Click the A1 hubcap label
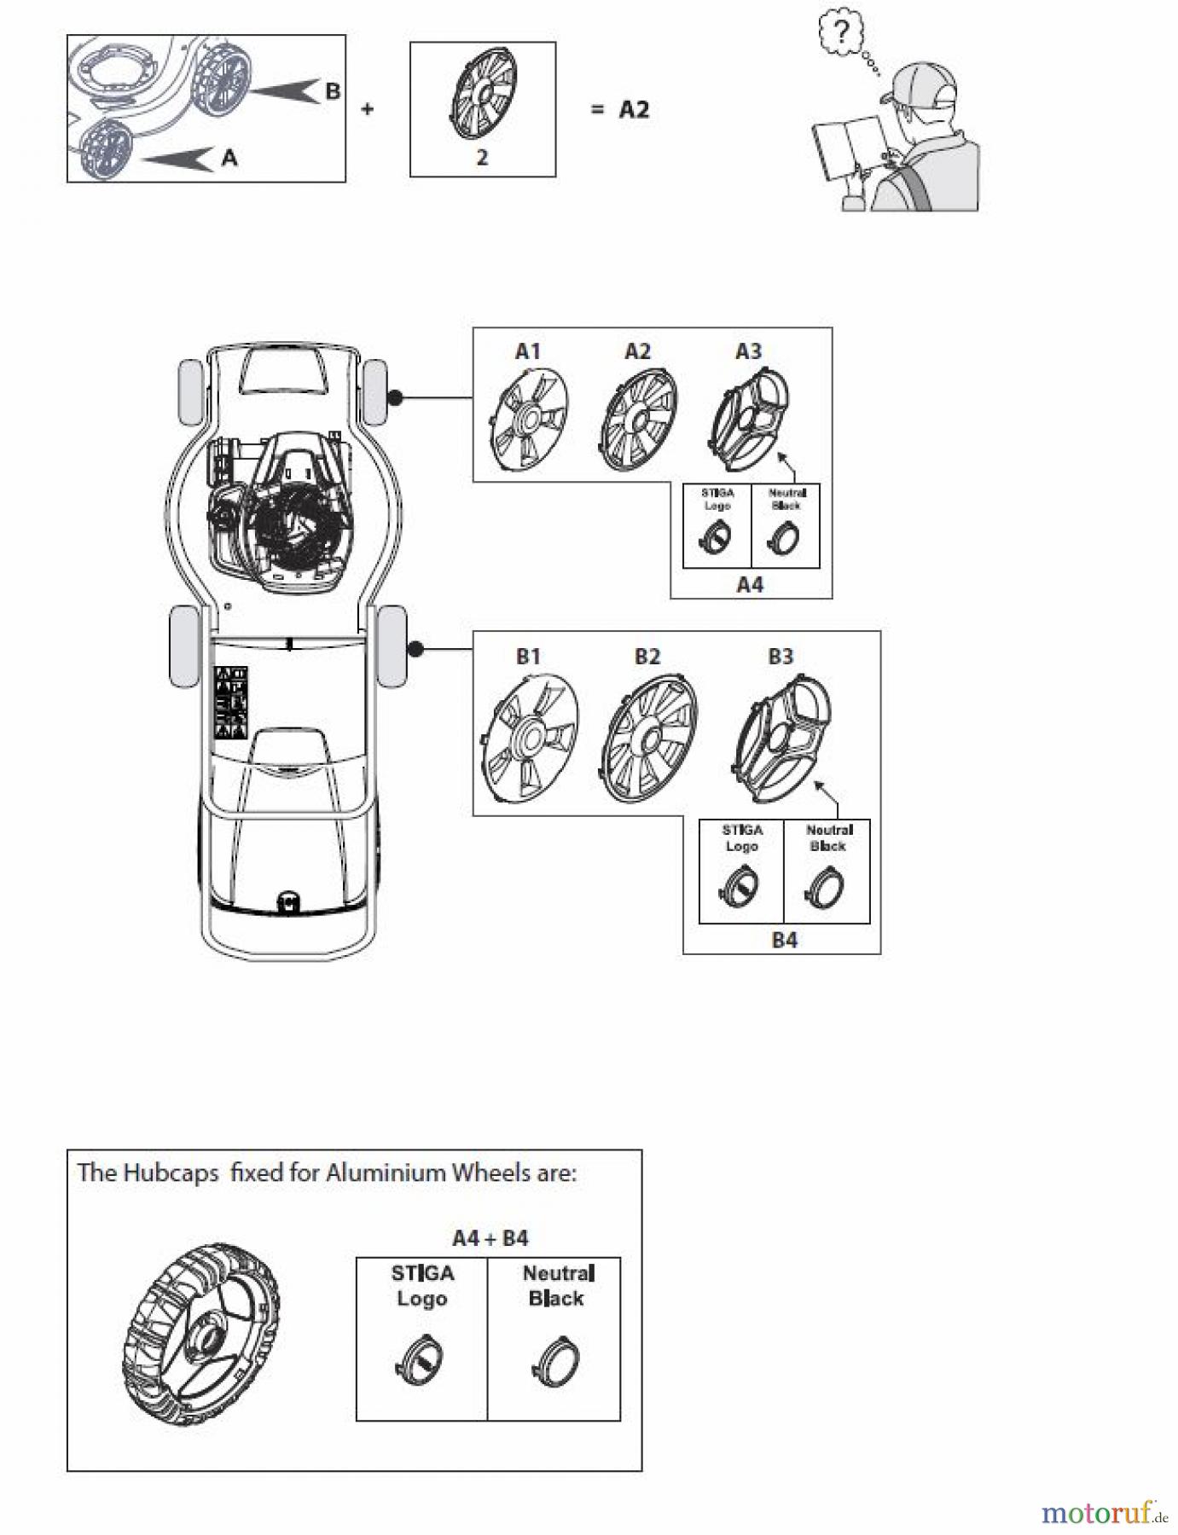[528, 351]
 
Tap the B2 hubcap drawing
[651, 739]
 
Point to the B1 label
[529, 656]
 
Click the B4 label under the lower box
[784, 940]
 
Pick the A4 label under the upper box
[750, 585]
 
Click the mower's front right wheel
[375, 392]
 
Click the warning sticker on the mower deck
[229, 702]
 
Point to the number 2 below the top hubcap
[482, 158]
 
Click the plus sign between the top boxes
[368, 109]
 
